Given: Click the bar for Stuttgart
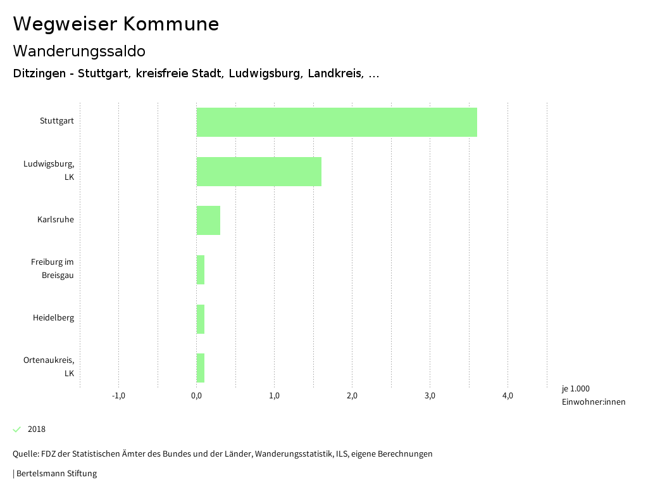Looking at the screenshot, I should point(337,122).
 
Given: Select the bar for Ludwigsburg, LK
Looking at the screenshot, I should point(259,172).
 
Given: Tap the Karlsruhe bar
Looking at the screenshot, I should point(208,220).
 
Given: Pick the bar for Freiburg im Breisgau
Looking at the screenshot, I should point(201,270).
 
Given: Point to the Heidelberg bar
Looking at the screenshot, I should point(201,319).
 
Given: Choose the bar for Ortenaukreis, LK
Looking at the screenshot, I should point(201,368).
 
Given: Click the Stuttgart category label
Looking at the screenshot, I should point(56,120).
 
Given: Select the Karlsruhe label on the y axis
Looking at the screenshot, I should point(55,220).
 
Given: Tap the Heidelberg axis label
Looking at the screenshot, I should point(53,317).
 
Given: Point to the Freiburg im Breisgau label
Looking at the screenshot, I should point(53,269).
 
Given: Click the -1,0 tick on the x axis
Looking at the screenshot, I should point(118,396).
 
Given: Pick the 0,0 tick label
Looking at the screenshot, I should point(196,396).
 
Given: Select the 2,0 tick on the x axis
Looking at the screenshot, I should point(352,396).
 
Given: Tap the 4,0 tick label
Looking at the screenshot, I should point(508,396).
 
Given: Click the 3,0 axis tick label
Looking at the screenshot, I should point(430,396).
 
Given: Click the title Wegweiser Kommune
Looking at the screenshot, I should point(116,24).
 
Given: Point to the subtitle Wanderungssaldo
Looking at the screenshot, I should point(79,51).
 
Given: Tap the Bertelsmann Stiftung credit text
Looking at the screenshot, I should point(56,473).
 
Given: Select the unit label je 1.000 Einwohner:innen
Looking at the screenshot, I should point(593,395).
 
